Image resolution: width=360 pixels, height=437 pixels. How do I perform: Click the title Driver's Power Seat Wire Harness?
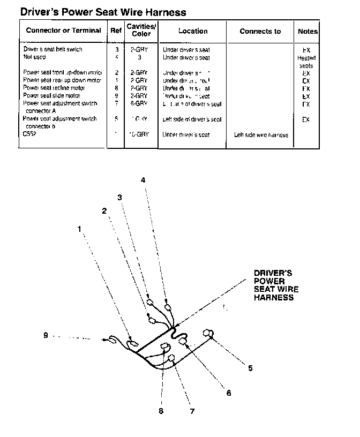click(103, 12)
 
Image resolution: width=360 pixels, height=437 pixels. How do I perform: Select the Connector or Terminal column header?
click(63, 31)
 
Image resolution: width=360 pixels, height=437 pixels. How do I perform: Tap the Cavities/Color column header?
click(141, 30)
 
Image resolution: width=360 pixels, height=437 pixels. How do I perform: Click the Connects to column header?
click(260, 31)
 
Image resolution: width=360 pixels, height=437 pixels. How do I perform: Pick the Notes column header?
click(307, 32)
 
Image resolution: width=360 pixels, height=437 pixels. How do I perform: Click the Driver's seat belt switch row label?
click(52, 49)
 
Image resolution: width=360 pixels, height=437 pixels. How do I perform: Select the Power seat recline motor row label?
click(54, 88)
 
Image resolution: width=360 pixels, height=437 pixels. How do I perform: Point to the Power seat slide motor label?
click(51, 96)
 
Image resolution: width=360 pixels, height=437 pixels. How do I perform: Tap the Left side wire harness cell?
click(261, 135)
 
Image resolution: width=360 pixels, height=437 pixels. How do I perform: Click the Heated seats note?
click(306, 62)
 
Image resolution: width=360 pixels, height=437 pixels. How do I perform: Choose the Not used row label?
click(34, 57)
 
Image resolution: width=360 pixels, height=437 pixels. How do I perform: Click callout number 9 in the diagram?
click(46, 336)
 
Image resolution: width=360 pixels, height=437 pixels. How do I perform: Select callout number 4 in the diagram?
click(143, 180)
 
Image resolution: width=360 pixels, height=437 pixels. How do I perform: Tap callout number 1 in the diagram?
click(79, 229)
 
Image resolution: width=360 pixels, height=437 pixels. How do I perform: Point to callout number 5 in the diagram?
click(250, 368)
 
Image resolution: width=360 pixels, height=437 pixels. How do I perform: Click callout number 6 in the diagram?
click(229, 393)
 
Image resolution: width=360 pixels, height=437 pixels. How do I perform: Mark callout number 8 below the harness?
click(161, 411)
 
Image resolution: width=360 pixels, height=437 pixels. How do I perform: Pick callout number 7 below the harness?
click(192, 411)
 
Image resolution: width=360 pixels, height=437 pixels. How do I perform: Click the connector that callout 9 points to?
click(113, 339)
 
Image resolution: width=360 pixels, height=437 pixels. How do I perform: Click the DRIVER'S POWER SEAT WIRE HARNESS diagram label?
click(276, 285)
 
